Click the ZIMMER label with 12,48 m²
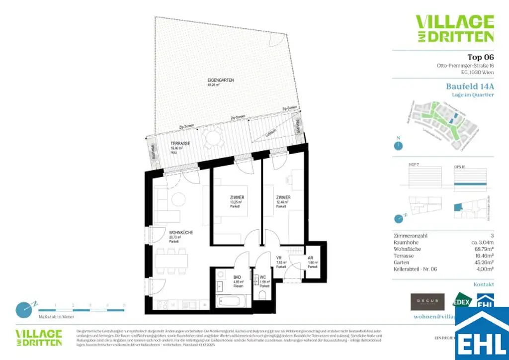[283, 197]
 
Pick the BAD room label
[223, 271]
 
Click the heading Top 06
[480, 57]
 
